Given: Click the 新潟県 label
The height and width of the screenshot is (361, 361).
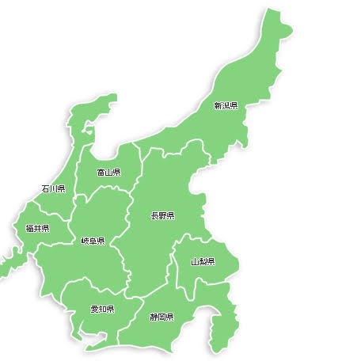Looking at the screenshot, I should [x=226, y=104].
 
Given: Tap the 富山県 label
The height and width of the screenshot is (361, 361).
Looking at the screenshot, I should [x=108, y=172].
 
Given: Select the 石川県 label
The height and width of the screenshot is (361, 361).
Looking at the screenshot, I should [x=53, y=188].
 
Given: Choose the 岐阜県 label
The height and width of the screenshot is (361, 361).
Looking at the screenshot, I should [x=93, y=241].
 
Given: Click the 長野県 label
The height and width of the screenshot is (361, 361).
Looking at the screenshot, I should [x=163, y=215].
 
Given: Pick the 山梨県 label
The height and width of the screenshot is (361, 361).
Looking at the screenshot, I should [x=203, y=261].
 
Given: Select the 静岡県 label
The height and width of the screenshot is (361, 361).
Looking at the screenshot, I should [x=161, y=317].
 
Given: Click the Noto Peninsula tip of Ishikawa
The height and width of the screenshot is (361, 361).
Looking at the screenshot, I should [x=111, y=98].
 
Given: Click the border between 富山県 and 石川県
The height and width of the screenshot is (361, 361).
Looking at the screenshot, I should [x=77, y=170].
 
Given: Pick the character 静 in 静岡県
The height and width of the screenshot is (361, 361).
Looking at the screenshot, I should [x=154, y=317].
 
